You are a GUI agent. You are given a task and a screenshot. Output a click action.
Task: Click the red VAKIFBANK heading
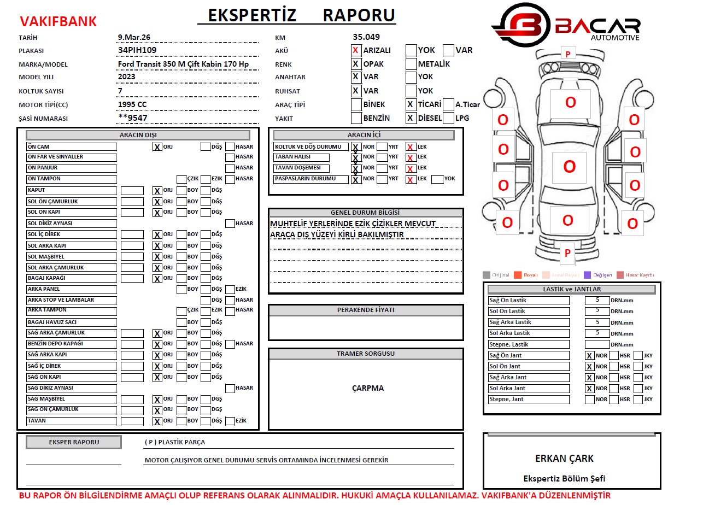(x=58, y=21)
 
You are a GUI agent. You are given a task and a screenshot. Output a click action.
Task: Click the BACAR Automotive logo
(x=566, y=25)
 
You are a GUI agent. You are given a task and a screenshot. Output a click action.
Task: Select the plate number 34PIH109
(x=137, y=50)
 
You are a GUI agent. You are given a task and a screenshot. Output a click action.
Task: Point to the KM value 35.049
(x=366, y=37)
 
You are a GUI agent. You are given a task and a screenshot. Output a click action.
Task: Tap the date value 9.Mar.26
(x=134, y=37)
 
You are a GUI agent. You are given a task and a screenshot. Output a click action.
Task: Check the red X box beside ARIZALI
(x=356, y=50)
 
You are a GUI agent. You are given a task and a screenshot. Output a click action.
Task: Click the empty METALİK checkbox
(x=411, y=64)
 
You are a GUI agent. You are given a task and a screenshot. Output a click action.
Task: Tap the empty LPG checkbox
(x=448, y=118)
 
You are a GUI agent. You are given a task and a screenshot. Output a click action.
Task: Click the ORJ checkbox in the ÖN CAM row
(x=157, y=147)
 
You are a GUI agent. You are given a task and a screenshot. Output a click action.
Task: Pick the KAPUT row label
(x=71, y=190)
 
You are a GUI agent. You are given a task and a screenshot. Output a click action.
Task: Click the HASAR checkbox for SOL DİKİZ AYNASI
(x=230, y=223)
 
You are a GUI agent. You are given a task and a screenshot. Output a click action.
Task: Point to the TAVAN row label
(x=71, y=421)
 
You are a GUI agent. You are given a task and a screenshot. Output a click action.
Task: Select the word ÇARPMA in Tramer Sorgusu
(x=368, y=388)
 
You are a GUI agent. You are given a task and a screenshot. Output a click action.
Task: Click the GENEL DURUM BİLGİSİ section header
(x=365, y=213)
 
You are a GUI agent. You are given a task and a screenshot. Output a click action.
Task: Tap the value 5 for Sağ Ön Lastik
(x=597, y=300)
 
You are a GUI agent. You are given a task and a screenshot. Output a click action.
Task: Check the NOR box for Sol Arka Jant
(x=589, y=389)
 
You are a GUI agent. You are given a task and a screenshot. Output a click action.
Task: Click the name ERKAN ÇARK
(x=564, y=459)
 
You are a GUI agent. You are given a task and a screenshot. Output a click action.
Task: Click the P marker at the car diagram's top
(x=567, y=54)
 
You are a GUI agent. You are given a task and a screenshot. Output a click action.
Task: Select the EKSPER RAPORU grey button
(x=74, y=442)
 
